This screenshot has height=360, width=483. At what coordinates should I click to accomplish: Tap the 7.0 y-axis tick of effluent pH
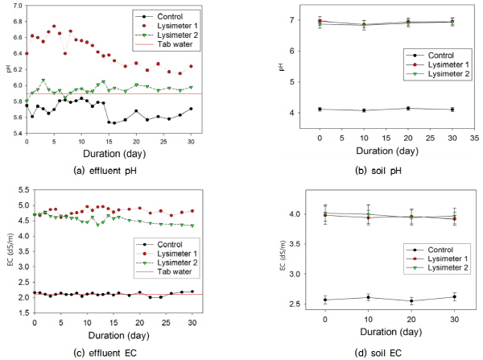coord(17,6)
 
